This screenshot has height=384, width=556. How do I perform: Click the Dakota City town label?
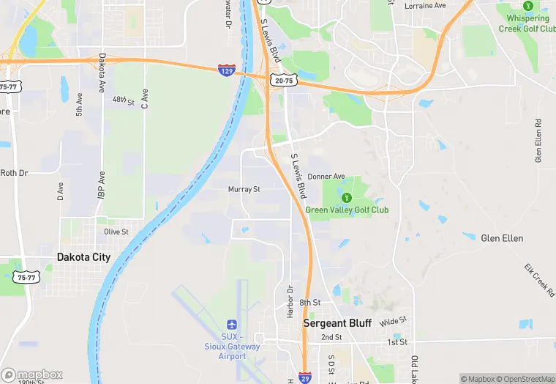[83, 257]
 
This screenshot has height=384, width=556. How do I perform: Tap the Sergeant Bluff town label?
[337, 323]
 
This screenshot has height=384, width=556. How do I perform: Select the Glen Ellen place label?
[501, 238]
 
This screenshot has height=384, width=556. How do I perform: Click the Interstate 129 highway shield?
[226, 70]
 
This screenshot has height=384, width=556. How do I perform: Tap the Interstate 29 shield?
[304, 377]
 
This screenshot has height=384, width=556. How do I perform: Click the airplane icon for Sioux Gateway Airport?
[232, 324]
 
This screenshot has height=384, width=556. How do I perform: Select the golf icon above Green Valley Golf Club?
[347, 197]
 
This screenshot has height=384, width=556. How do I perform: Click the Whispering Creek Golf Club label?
[524, 23]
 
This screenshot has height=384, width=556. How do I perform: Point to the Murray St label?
[244, 189]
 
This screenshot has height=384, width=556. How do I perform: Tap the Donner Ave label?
[326, 177]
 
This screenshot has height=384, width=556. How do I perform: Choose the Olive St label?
[116, 232]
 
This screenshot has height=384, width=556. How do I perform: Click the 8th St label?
[310, 302]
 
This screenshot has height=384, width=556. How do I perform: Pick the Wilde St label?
[393, 321]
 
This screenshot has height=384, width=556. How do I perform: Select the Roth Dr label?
[13, 173]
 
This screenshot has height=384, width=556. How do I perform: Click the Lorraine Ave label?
[425, 6]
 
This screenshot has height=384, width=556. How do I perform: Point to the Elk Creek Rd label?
[538, 279]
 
